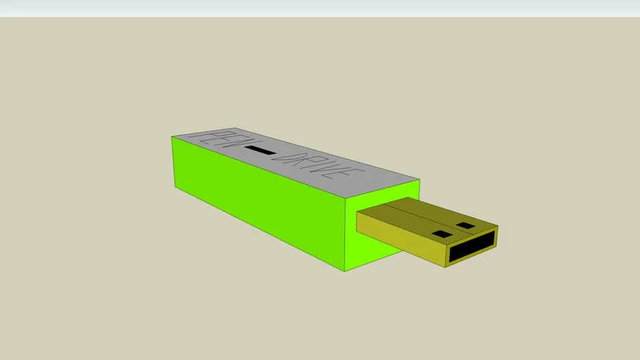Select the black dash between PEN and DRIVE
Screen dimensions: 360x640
tap(261, 150)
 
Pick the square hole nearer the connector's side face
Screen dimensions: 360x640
tap(441, 233)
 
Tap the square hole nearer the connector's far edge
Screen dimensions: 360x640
tap(466, 226)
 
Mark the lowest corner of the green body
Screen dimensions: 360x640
tap(345, 271)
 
